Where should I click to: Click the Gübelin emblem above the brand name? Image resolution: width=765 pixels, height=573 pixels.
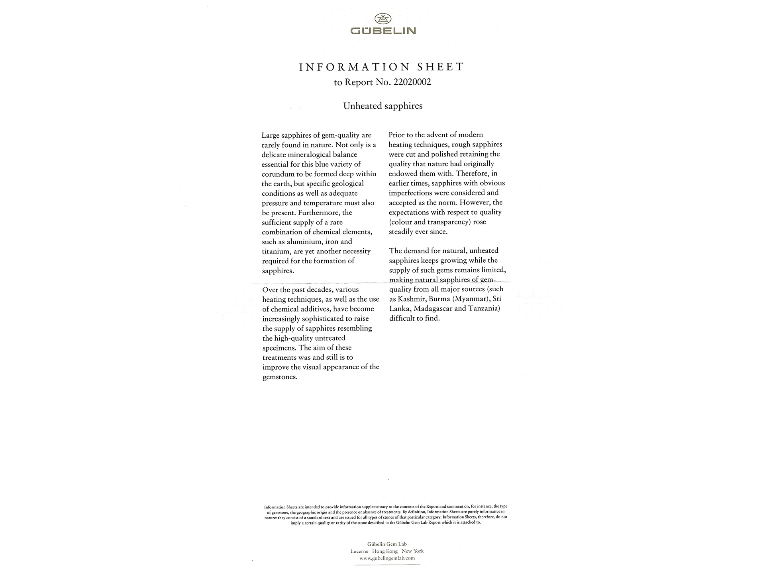tap(383, 18)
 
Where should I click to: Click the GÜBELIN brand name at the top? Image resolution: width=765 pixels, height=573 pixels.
tap(383, 31)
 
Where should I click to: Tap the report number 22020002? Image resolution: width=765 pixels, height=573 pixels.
tap(412, 82)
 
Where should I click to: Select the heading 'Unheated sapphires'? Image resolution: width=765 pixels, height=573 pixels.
tap(383, 106)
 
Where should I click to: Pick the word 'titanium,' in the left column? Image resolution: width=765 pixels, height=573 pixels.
tap(276, 251)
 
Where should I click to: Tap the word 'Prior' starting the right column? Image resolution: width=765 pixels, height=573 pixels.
tap(397, 135)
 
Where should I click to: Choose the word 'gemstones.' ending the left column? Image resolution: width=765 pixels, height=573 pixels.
tap(280, 377)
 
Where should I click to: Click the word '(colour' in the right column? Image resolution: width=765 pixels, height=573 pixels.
tap(401, 222)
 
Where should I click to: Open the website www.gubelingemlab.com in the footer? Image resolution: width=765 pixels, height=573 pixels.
tap(384, 558)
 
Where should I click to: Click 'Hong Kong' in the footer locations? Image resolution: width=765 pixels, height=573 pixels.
tap(385, 551)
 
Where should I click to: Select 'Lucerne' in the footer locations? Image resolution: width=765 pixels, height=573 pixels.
tap(359, 551)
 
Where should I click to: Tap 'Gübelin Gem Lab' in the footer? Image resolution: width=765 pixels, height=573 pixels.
tap(387, 544)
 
